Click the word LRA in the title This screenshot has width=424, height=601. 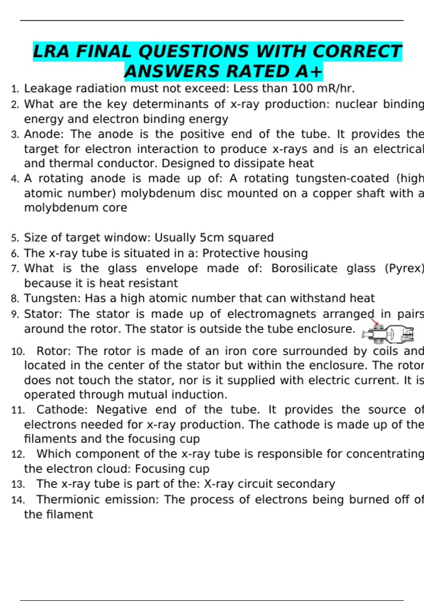(x=51, y=51)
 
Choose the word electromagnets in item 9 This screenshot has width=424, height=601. (x=272, y=314)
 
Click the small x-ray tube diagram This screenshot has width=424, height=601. (x=388, y=333)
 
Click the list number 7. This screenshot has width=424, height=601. (x=15, y=269)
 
